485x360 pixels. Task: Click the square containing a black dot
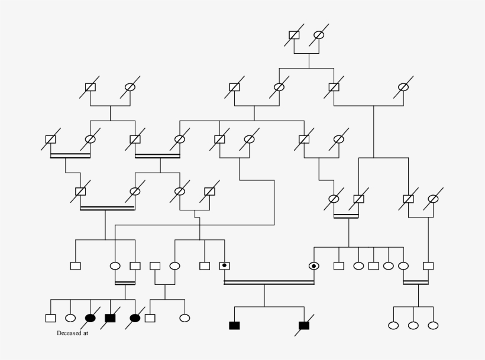225,266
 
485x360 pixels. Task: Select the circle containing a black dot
313,266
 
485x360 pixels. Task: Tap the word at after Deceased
85,333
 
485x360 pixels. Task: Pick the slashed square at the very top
294,35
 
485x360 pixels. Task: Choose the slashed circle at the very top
319,35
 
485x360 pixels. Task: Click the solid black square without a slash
234,325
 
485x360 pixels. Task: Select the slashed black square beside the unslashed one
304,325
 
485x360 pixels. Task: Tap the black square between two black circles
110,318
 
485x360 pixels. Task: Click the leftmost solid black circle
90,318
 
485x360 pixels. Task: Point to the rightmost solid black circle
135,318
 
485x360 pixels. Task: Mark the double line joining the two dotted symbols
269,283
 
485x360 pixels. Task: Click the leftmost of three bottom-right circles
393,325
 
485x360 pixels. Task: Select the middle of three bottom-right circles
413,325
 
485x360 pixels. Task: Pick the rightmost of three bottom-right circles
433,325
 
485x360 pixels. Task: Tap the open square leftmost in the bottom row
51,318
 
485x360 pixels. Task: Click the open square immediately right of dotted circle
339,266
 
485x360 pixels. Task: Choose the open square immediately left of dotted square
205,266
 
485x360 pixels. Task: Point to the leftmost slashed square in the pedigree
51,140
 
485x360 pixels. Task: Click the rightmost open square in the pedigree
428,266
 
